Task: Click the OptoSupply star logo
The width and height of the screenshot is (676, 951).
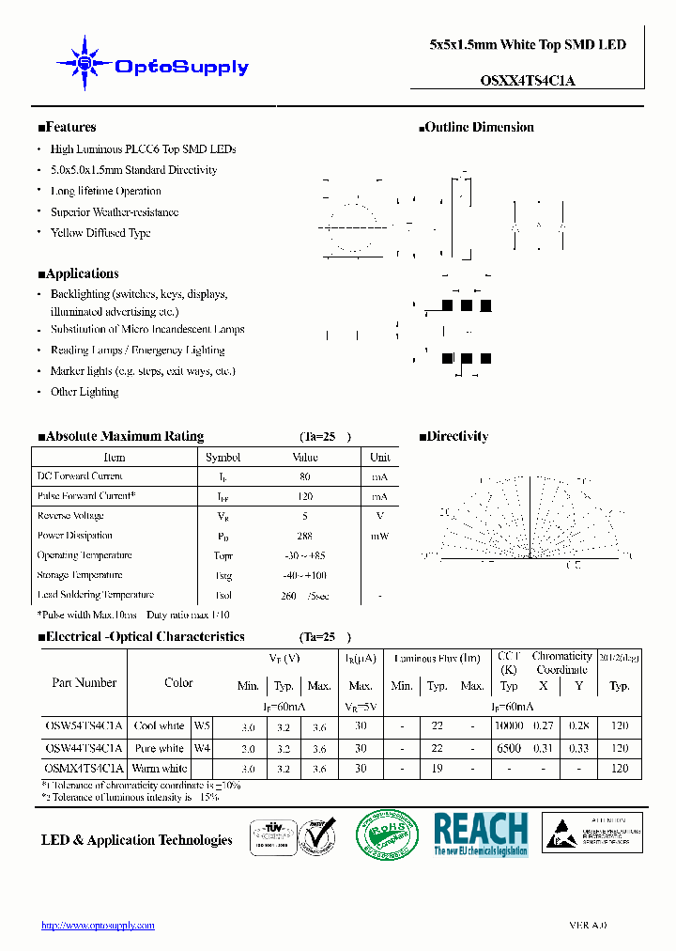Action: point(84,63)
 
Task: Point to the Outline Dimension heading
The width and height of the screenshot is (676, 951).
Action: point(476,128)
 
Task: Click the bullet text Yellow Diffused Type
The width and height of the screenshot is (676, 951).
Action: point(100,233)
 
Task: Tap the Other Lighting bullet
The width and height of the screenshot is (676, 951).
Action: point(84,392)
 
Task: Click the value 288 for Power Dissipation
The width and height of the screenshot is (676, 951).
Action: point(305,536)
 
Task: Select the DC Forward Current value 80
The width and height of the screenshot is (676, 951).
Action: point(305,476)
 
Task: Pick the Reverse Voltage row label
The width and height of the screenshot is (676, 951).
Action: point(70,516)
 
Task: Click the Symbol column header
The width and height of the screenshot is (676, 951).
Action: point(223,458)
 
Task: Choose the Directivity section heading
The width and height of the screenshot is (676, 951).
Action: point(453,436)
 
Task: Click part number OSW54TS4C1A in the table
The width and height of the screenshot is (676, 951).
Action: point(84,725)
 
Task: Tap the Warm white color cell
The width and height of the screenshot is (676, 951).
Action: point(160,769)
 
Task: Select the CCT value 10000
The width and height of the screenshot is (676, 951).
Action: point(509,725)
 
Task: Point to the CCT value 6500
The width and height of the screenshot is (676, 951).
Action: point(509,748)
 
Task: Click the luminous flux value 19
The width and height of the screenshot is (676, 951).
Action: point(437,769)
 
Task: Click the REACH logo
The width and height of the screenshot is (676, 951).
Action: point(481,834)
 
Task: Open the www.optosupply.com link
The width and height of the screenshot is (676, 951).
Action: point(98,926)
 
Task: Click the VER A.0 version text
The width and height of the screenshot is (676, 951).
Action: point(588,926)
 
